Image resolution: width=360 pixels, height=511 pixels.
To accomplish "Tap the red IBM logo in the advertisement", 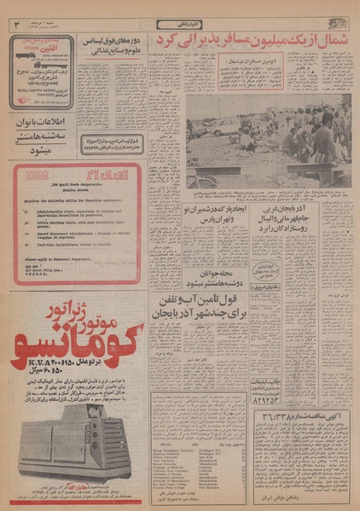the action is pyautogui.click(x=35, y=180).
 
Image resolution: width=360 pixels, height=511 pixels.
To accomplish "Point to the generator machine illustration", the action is pyautogui.click(x=72, y=440).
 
